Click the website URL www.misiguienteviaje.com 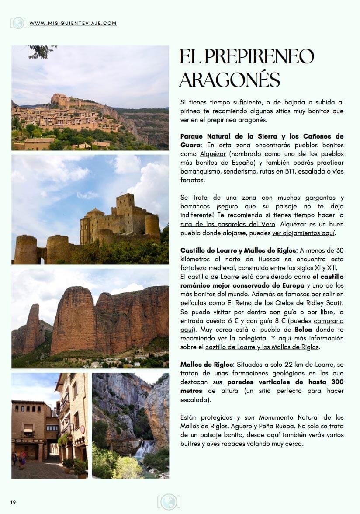coord(73,23)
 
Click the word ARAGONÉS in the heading coord(229,80)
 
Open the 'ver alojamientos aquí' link coord(303,233)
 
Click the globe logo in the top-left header coord(18,23)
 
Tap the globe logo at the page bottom coord(168,502)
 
